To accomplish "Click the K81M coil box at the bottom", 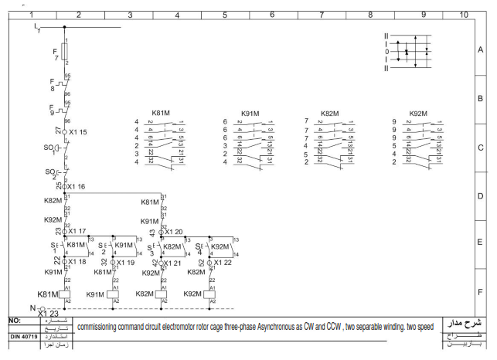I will [x=65, y=295].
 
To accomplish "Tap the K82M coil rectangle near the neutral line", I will [x=161, y=295].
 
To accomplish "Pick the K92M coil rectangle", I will [x=209, y=295].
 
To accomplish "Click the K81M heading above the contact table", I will [x=162, y=113].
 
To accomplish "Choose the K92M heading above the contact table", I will [x=418, y=113].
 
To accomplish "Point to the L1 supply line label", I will [x=38, y=28].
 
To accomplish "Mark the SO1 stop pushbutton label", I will [x=50, y=149].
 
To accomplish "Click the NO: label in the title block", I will [x=14, y=319].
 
